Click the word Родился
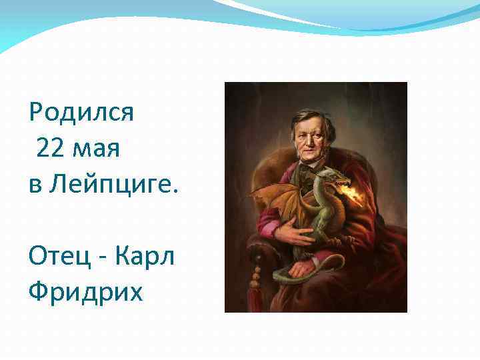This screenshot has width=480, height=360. coord(81,112)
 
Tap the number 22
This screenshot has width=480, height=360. coord(51,149)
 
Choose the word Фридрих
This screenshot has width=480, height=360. coord(85,292)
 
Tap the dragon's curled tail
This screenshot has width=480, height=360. coord(293,275)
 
